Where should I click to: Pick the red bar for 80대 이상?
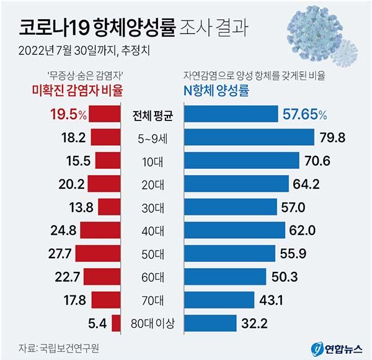pyautogui.click(x=113, y=323)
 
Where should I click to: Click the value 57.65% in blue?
pyautogui.click(x=305, y=114)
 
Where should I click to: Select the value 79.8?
pyautogui.click(x=333, y=137)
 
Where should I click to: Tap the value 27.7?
pyautogui.click(x=64, y=253)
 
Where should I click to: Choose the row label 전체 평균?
pyautogui.click(x=154, y=114)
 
